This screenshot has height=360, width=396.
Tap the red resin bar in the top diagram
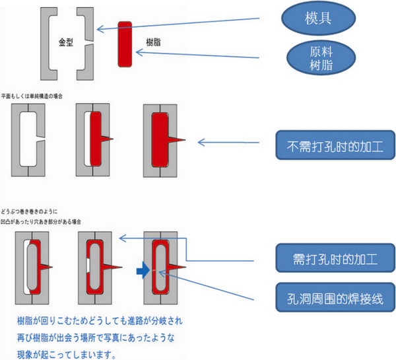point(125,43)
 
